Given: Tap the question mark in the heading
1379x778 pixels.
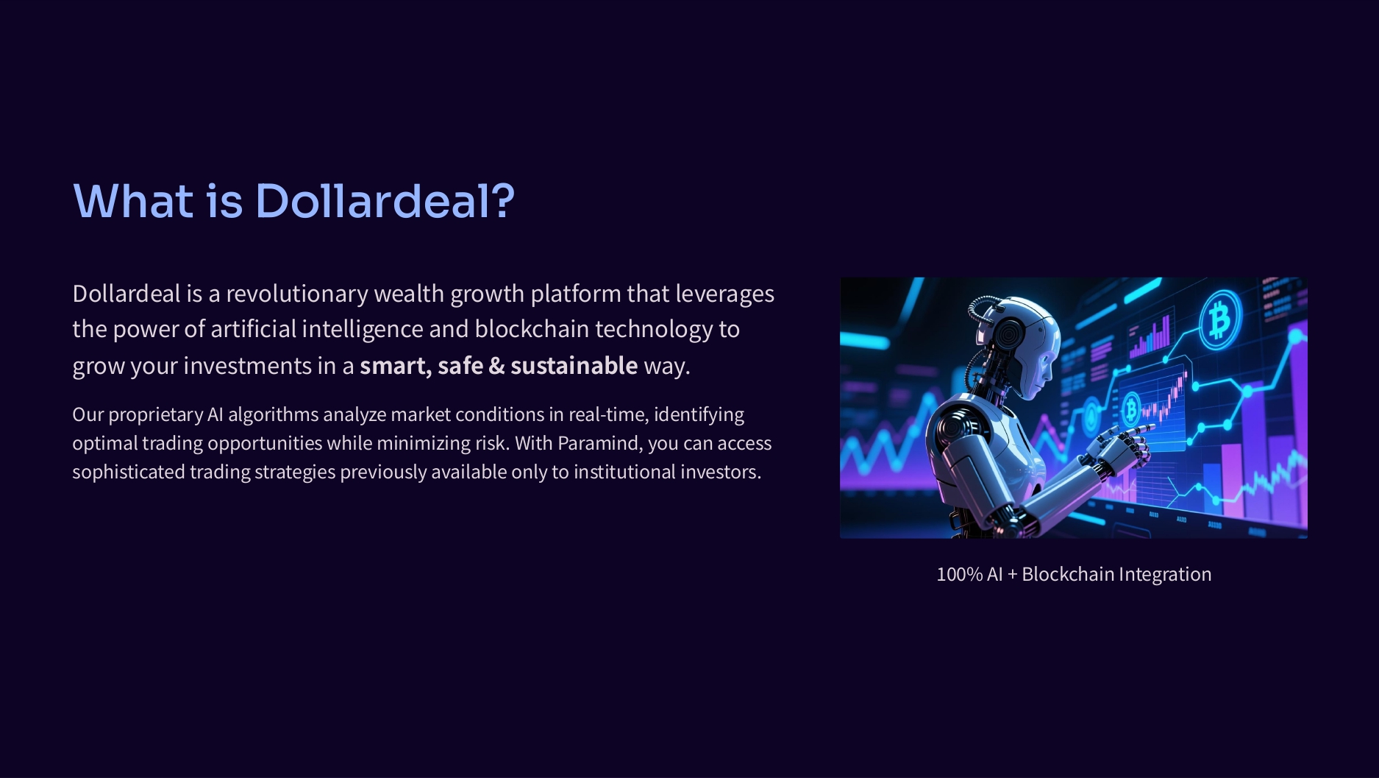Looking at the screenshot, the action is pyautogui.click(x=504, y=200).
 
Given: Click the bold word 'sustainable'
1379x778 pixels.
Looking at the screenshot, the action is pyautogui.click(x=574, y=366).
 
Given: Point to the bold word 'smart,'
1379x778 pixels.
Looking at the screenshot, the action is pyautogui.click(x=396, y=367).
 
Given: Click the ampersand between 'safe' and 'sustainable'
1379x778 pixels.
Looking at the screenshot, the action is pyautogui.click(x=497, y=366).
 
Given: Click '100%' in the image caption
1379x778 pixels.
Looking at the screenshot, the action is pyautogui.click(x=959, y=574).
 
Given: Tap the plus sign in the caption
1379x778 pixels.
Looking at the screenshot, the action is pyautogui.click(x=1012, y=575).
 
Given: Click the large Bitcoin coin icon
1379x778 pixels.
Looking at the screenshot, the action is pyautogui.click(x=1220, y=319).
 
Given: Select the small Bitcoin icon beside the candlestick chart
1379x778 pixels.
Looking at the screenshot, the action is pyautogui.click(x=1131, y=408).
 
